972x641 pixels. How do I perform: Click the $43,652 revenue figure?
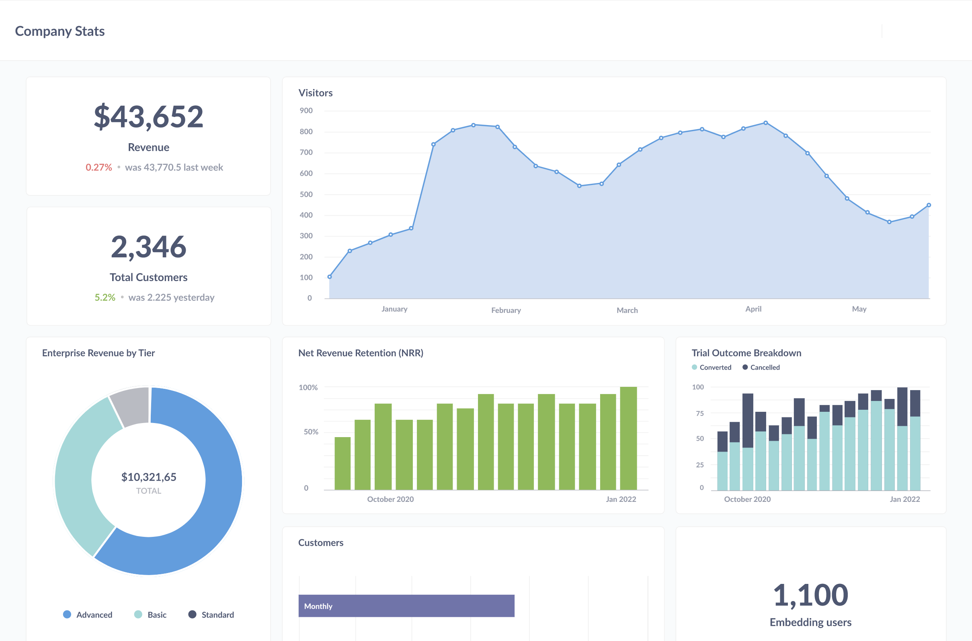click(148, 117)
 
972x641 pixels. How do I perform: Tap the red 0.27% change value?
click(98, 167)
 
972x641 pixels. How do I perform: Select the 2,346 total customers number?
click(148, 247)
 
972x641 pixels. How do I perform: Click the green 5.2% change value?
click(105, 297)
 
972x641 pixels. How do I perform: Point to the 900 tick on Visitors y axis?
click(306, 110)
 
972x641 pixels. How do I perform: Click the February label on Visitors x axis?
click(506, 310)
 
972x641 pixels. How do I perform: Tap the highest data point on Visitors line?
click(765, 123)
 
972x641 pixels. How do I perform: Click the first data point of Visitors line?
click(330, 277)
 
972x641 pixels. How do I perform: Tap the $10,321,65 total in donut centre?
click(149, 477)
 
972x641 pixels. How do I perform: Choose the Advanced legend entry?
click(88, 614)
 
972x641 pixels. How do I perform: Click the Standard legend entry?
click(211, 614)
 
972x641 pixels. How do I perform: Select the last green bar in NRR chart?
click(628, 438)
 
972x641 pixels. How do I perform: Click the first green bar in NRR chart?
click(342, 463)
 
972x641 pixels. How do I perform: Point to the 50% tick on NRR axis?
click(310, 432)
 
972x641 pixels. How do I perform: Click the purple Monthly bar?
click(406, 606)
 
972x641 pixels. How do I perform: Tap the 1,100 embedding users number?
click(810, 595)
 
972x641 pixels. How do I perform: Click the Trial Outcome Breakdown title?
click(746, 353)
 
